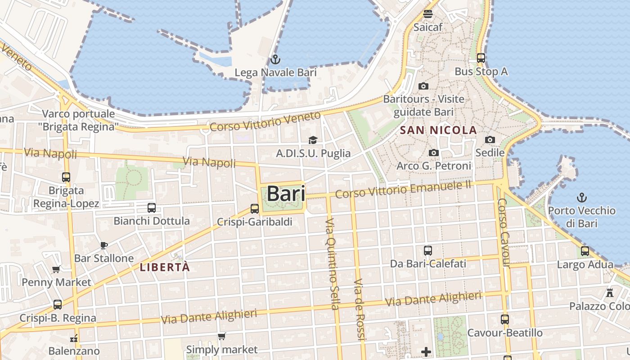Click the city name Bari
(x=286, y=194)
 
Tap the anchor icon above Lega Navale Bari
(x=275, y=59)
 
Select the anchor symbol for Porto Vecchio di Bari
(x=582, y=197)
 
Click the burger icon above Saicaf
(x=427, y=13)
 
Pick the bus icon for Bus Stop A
(x=481, y=58)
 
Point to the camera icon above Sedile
(x=490, y=139)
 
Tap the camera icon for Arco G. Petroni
(x=434, y=153)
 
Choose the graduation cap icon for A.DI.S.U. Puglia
(x=313, y=140)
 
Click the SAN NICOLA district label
(x=438, y=130)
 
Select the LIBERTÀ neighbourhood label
(x=165, y=267)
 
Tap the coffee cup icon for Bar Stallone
(x=104, y=245)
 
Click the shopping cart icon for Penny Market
(x=56, y=270)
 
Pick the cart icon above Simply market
(x=221, y=337)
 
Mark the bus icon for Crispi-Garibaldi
(x=255, y=209)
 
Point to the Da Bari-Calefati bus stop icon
(x=427, y=251)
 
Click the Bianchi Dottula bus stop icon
(x=152, y=208)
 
